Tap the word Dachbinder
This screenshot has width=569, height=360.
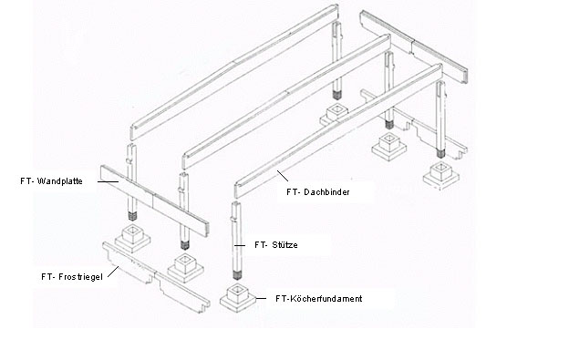point(326,192)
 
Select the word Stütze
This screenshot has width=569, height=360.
point(284,245)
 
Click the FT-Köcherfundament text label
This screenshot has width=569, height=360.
point(319,299)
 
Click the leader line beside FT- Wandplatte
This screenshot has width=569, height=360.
point(108,181)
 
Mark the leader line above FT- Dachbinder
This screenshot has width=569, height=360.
point(283,176)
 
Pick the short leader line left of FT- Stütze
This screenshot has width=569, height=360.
point(240,245)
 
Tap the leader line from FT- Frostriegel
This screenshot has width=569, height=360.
point(113,272)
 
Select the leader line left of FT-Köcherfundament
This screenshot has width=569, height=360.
point(261,299)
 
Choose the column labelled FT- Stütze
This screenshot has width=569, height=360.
point(236,241)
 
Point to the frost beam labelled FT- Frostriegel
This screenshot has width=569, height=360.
point(156,277)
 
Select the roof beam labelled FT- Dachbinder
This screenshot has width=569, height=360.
point(338,130)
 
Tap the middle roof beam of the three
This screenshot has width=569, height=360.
point(286,101)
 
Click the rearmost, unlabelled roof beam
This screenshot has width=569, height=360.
point(234,72)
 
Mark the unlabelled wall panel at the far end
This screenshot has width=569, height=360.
point(414,46)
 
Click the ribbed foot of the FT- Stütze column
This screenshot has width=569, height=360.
point(236,275)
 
